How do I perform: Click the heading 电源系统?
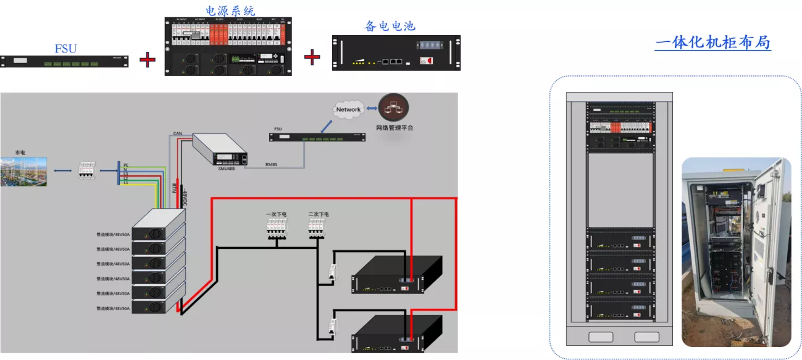click(x=230, y=10)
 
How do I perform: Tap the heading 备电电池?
click(x=390, y=26)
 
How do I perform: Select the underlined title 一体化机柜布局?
click(x=712, y=43)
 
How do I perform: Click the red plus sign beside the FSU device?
click(x=147, y=60)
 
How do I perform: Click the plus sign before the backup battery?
click(x=312, y=57)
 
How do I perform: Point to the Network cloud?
click(x=348, y=109)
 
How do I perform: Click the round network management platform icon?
click(x=395, y=108)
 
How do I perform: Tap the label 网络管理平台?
click(x=395, y=128)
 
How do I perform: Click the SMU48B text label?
click(x=226, y=169)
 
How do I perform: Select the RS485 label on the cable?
click(x=272, y=164)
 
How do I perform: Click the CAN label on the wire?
click(x=177, y=133)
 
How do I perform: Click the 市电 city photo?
click(x=23, y=172)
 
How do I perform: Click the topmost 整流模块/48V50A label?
click(x=113, y=235)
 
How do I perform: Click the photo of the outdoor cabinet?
click(x=736, y=252)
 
